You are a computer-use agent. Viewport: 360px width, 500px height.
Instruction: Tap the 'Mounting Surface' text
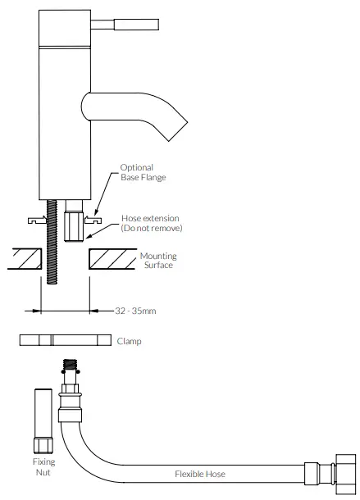coord(158,261)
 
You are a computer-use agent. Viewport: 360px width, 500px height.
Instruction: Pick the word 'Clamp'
coord(130,341)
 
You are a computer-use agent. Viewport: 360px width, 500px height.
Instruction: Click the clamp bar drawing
coord(66,341)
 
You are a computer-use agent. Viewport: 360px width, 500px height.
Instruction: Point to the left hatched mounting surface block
coord(24,261)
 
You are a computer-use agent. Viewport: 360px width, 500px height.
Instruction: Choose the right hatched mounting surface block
coord(111,261)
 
